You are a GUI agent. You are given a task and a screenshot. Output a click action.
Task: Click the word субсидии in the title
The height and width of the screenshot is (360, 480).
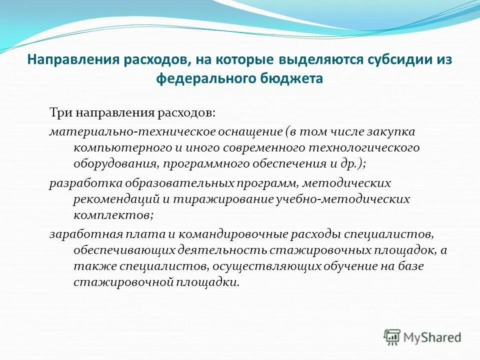pos(393,60)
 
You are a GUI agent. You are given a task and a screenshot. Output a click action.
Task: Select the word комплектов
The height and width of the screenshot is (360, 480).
pos(112,216)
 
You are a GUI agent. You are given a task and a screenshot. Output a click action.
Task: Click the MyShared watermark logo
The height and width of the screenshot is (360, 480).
pos(422,336)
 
